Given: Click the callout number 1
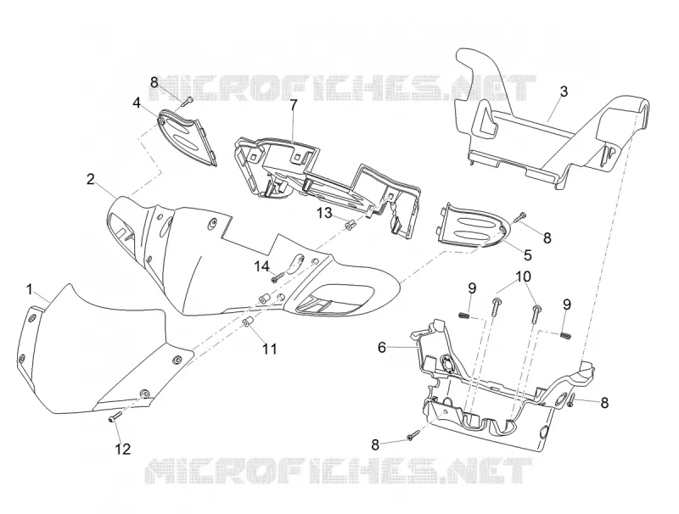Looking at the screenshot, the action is point(30,289).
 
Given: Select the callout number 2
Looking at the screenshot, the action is point(91,179).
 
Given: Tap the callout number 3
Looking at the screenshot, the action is point(564,92).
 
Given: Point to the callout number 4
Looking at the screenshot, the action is point(137,103).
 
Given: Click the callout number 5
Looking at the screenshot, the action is point(527,254).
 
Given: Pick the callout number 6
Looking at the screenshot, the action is point(381,347).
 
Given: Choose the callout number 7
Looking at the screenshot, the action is point(294,104).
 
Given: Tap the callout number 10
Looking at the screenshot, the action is point(524,276).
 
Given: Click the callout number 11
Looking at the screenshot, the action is point(270,349).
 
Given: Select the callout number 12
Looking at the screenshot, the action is point(123,449).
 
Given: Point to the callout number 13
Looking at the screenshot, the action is point(324,213).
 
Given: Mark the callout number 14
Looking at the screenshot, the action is point(261,266).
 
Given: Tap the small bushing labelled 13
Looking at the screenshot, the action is point(349,226).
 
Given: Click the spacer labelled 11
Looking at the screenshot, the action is point(247,323).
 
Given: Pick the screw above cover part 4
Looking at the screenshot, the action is point(187,102).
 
